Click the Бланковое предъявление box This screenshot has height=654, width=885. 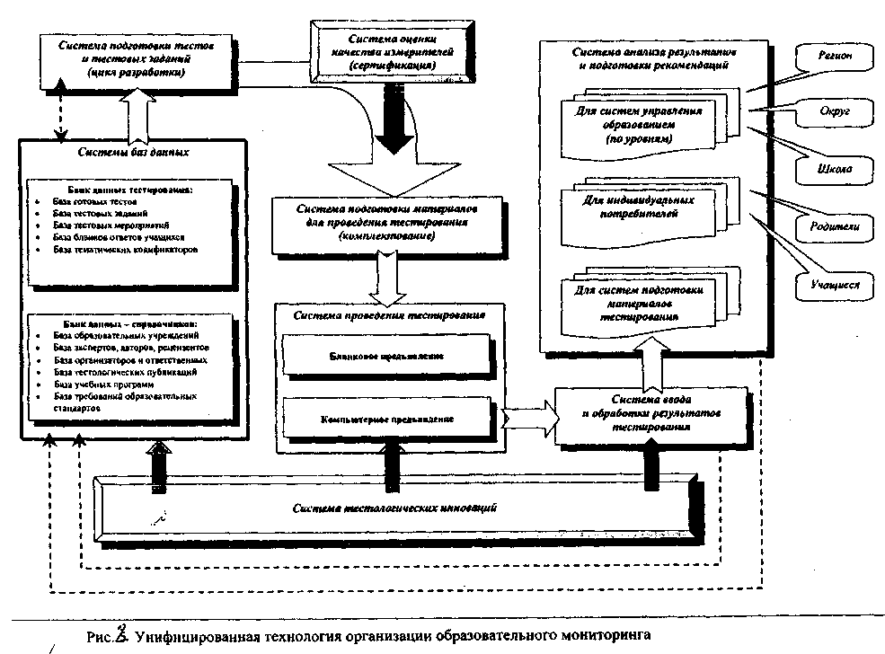[x=387, y=356]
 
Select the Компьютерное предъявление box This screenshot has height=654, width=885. [x=387, y=419]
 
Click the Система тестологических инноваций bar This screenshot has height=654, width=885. [x=395, y=508]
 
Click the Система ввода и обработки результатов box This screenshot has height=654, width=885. [x=651, y=413]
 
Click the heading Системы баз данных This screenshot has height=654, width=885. [x=134, y=151]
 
